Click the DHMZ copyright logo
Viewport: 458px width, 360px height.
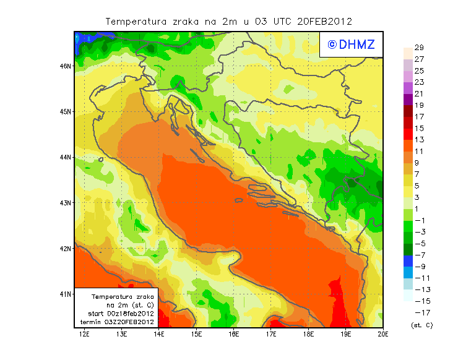pyautogui.click(x=351, y=45)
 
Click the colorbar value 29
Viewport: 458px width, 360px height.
pyautogui.click(x=419, y=48)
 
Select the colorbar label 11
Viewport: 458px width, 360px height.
pyautogui.click(x=419, y=152)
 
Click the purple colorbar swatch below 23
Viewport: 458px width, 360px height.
pyautogui.click(x=408, y=88)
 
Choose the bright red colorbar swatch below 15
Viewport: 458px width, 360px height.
pyautogui.click(x=408, y=134)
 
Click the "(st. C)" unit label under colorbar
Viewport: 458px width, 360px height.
pyautogui.click(x=421, y=325)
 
